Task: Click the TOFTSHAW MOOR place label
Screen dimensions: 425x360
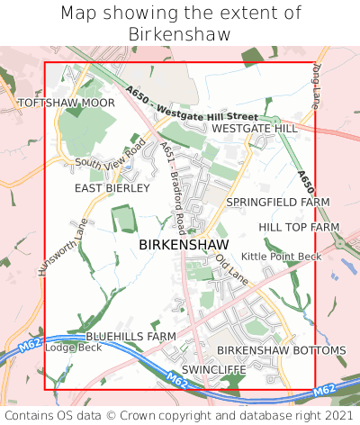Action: tap(54, 104)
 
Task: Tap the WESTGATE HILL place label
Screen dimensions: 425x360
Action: tap(255, 129)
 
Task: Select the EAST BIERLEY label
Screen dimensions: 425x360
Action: tap(112, 188)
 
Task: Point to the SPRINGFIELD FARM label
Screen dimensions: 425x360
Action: tap(278, 202)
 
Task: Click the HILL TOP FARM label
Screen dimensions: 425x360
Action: tap(299, 228)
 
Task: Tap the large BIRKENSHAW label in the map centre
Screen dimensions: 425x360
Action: tap(184, 244)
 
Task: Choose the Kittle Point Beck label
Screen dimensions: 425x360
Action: tap(281, 257)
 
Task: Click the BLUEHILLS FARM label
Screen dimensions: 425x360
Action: tap(130, 336)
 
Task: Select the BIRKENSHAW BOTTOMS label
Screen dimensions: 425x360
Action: tap(281, 349)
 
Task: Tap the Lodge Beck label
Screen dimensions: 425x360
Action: tap(74, 348)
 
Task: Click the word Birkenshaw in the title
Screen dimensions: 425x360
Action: tap(180, 33)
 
